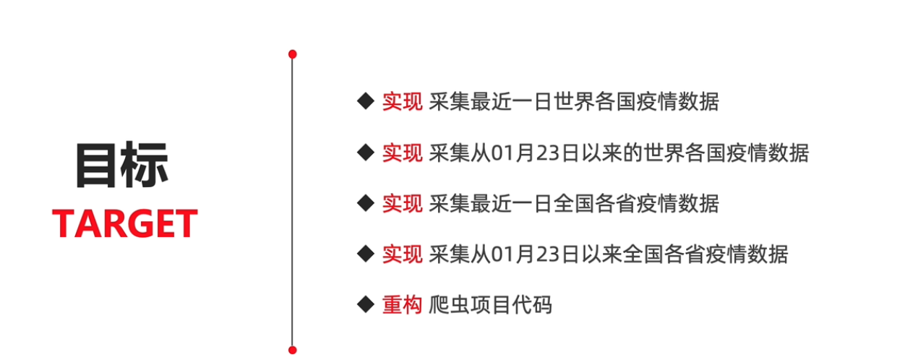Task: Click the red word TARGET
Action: point(124,224)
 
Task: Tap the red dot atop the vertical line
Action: point(292,54)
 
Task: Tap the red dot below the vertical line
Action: point(292,350)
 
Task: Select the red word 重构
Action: point(402,305)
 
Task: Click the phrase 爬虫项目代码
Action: point(490,305)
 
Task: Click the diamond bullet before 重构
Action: point(365,304)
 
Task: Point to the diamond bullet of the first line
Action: point(365,100)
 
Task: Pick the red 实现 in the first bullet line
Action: point(402,102)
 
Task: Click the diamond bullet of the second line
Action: point(365,152)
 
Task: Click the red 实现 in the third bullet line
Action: point(402,204)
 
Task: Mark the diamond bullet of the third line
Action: point(365,202)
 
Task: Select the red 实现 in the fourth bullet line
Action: point(402,254)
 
